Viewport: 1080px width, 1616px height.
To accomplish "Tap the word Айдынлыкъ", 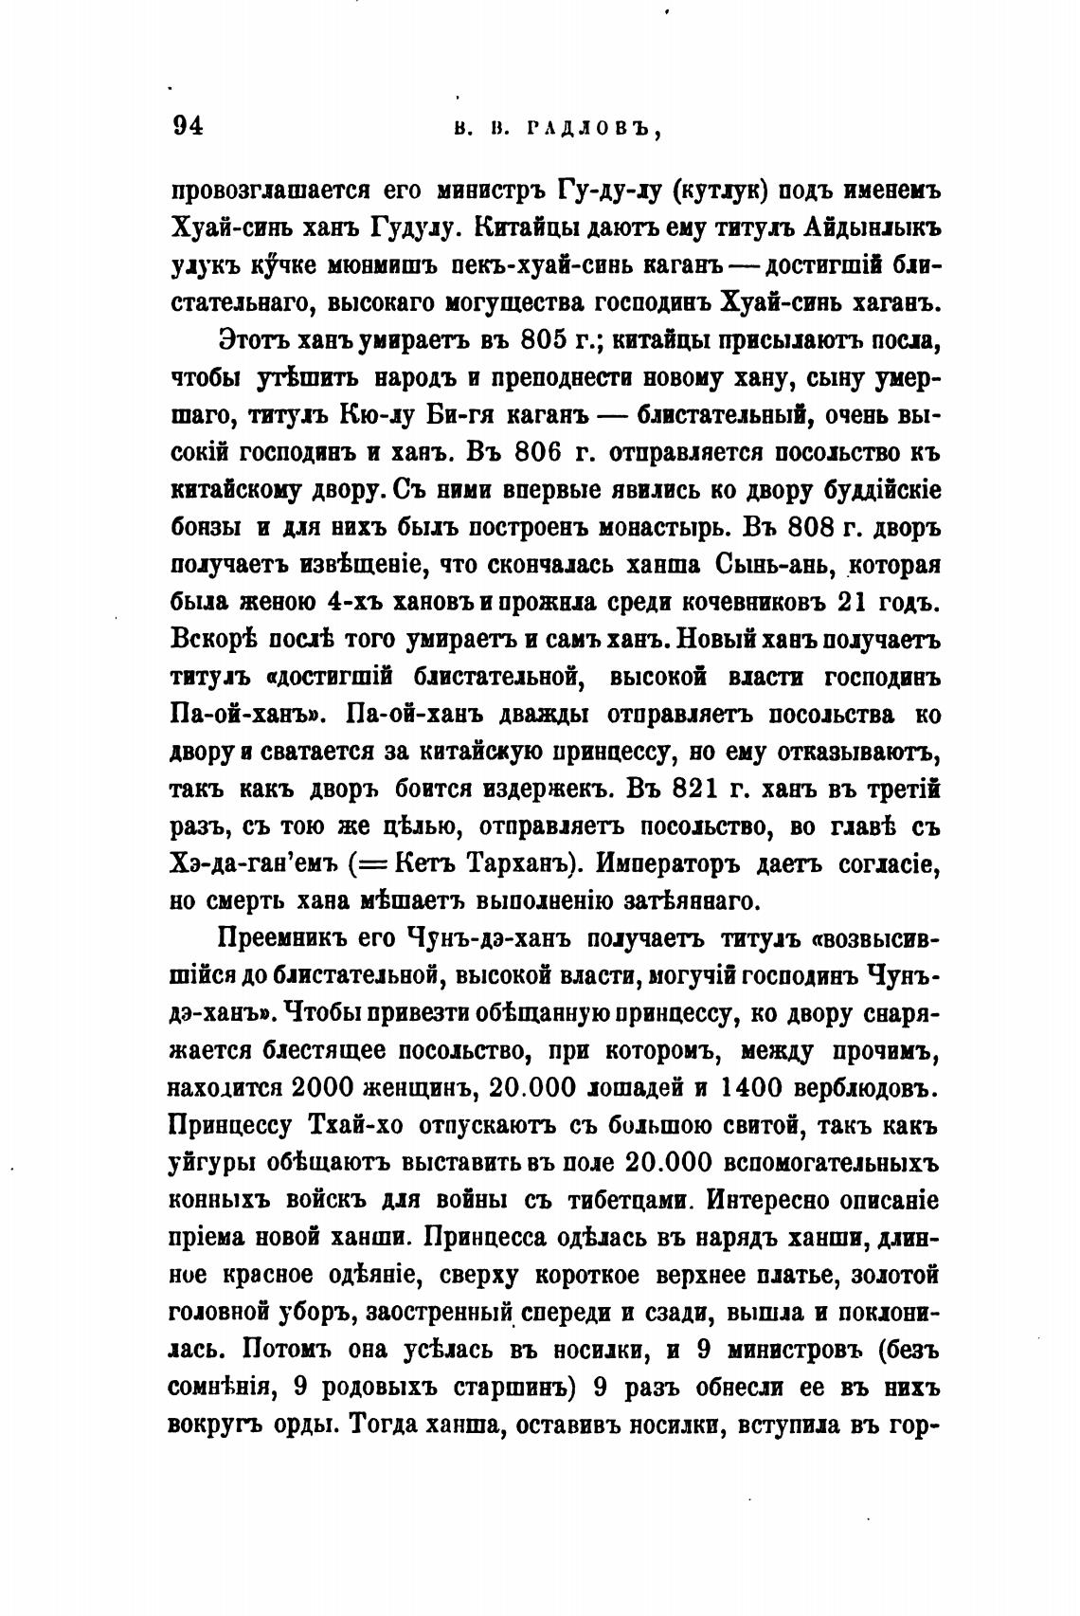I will pos(871,227).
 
